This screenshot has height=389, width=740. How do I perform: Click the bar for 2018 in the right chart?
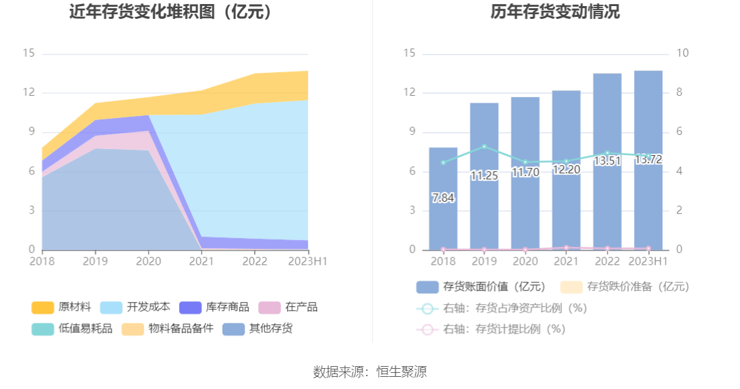(443, 202)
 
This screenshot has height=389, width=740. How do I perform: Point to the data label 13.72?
(648, 160)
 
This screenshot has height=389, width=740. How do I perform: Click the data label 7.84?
(443, 198)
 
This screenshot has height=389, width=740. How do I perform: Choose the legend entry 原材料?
(61, 307)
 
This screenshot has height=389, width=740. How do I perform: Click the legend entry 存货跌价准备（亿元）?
(627, 287)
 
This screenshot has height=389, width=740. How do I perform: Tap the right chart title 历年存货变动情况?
(555, 11)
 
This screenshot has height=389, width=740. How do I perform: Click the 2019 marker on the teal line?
(484, 146)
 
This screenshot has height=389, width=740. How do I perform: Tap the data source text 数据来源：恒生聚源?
(370, 371)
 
